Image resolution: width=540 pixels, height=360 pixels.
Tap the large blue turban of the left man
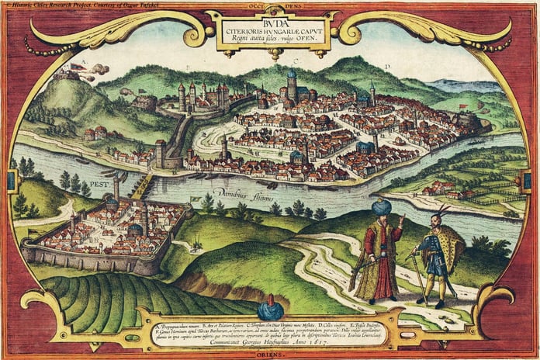tap(380, 208)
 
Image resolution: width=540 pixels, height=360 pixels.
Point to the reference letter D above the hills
tap(385, 67)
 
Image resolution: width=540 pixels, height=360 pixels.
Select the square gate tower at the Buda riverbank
tap(161, 152)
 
